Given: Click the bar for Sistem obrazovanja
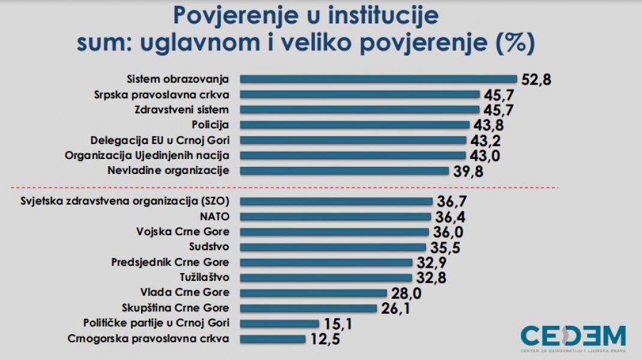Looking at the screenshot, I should coord(378,79).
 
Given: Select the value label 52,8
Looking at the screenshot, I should coord(535,80).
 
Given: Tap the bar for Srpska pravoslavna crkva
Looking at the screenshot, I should coord(360,94).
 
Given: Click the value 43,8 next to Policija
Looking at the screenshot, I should coord(487,126).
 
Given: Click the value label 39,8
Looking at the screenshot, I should coord(467,172).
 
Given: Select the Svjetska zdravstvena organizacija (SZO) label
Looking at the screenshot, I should coord(125,201).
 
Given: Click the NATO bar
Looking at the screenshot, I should coord(335,217).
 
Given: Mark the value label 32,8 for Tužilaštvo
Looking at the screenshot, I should coord(430,278).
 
